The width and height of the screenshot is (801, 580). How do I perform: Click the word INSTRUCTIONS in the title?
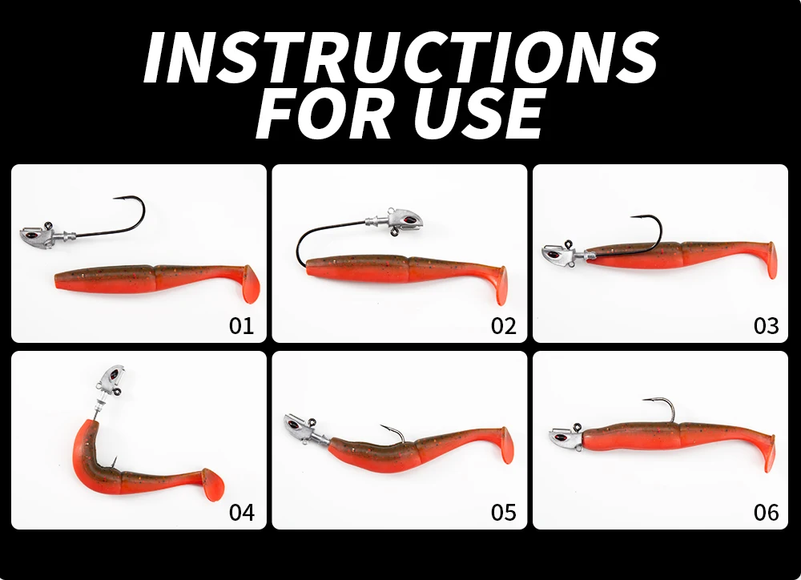[x=401, y=57]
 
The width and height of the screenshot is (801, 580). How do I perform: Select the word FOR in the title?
[x=328, y=114]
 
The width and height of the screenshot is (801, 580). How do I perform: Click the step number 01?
[x=241, y=325]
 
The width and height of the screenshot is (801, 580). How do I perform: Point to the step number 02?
[x=504, y=325]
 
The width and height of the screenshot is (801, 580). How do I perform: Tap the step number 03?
[x=767, y=325]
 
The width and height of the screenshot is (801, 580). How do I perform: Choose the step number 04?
[x=241, y=512]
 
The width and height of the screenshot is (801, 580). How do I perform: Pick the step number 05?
[x=504, y=512]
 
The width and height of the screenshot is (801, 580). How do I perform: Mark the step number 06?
[x=767, y=512]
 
